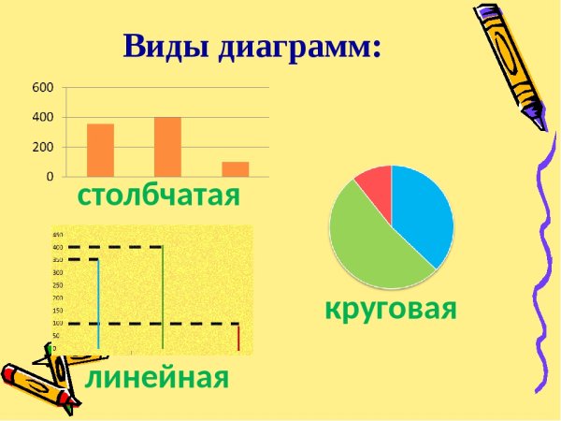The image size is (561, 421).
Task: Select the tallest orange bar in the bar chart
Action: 167,147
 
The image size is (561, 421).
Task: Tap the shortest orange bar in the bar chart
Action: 236,169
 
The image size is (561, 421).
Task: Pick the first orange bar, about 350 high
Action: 100,151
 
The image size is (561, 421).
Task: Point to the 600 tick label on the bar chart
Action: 44,87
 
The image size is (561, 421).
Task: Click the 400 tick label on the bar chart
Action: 44,117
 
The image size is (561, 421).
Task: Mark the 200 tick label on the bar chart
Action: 44,147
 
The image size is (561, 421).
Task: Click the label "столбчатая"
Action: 159,196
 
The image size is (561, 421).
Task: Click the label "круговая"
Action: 391,308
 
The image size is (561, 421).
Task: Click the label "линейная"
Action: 157,378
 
